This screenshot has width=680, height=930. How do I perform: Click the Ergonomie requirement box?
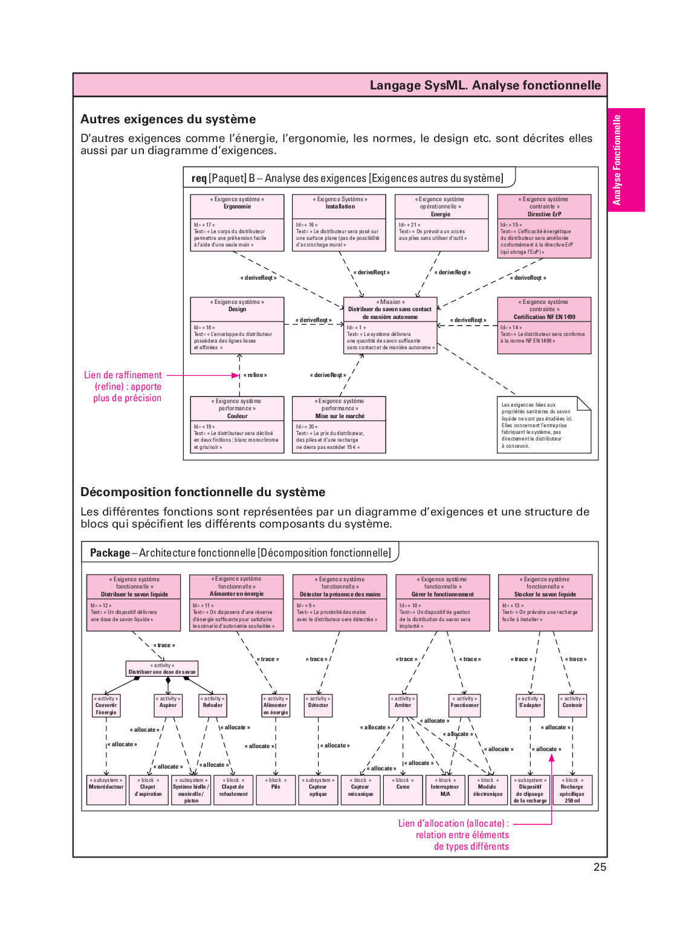tap(237, 222)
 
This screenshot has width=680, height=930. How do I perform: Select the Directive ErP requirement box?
tap(544, 226)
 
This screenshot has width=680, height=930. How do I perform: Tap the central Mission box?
tap(390, 325)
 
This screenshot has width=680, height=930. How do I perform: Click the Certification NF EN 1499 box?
tap(544, 325)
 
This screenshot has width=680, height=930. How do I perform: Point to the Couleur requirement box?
tap(237, 424)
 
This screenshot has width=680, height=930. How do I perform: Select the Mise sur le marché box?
tap(338, 424)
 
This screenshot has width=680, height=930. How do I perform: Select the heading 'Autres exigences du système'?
tap(168, 119)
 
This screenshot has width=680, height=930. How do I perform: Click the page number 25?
tap(600, 867)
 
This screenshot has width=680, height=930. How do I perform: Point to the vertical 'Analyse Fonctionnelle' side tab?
tap(626, 160)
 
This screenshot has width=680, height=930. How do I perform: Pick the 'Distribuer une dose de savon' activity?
tap(162, 669)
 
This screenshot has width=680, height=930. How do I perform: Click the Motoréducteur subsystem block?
tap(106, 790)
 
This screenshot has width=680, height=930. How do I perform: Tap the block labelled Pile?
tap(276, 790)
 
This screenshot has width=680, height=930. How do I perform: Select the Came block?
tap(403, 790)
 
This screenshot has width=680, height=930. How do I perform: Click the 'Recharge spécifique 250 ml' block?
tap(572, 790)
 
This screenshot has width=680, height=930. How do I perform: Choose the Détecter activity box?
tap(318, 705)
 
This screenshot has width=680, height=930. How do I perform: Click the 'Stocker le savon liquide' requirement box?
tap(545, 602)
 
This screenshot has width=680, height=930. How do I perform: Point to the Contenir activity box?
tap(572, 705)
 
